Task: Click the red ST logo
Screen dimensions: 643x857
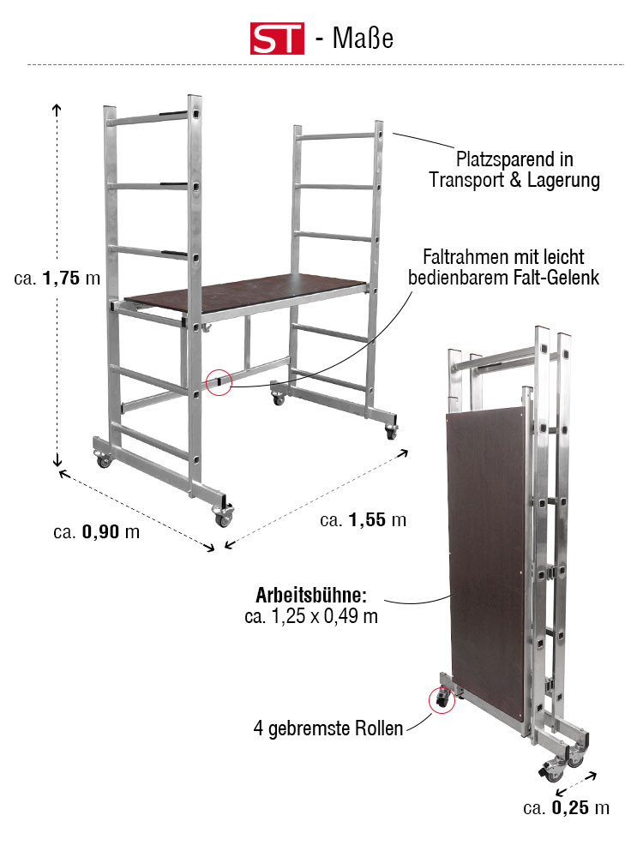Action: (277, 39)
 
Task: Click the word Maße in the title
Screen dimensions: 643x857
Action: (363, 39)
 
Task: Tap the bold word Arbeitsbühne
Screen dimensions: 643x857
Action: (311, 595)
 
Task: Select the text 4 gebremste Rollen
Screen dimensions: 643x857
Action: (328, 728)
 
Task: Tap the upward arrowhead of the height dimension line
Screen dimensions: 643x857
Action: (57, 107)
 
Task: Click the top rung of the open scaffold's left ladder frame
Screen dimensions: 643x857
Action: (148, 119)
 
